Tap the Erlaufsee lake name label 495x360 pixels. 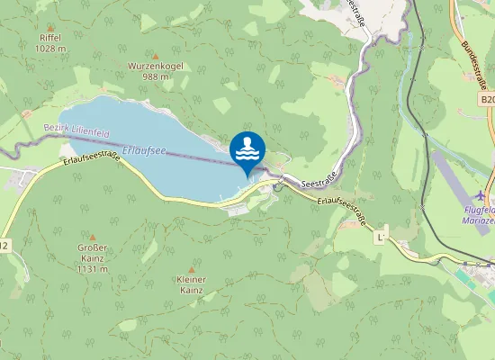pyautogui.click(x=144, y=150)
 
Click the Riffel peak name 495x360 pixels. pyautogui.click(x=50, y=38)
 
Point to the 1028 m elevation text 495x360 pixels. pyautogui.click(x=50, y=49)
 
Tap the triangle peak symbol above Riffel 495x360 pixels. pyautogui.click(x=50, y=27)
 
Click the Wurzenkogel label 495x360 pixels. pyautogui.click(x=155, y=67)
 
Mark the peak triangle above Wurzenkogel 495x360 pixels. pyautogui.click(x=155, y=56)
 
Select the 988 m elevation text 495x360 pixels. pyautogui.click(x=155, y=76)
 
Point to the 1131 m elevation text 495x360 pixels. pyautogui.click(x=93, y=269)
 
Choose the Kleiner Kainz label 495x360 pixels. pyautogui.click(x=191, y=284)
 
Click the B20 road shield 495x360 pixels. pyautogui.click(x=487, y=100)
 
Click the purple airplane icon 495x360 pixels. pyautogui.click(x=481, y=195)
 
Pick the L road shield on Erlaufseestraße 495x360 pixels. pyautogui.click(x=381, y=237)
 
